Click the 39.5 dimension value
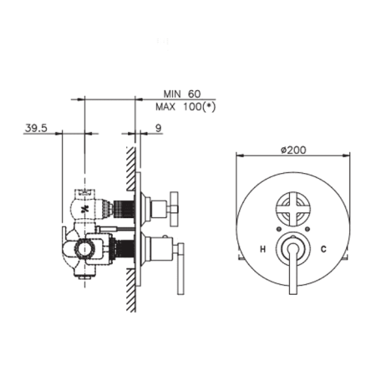(x=36, y=128)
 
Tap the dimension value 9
(x=158, y=128)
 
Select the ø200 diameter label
(x=293, y=150)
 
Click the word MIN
(x=172, y=94)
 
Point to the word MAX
(x=165, y=107)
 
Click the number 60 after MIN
(x=194, y=94)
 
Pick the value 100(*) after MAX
(x=200, y=107)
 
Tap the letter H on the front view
(x=262, y=249)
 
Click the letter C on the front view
(x=323, y=249)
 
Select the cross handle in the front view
(x=292, y=208)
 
